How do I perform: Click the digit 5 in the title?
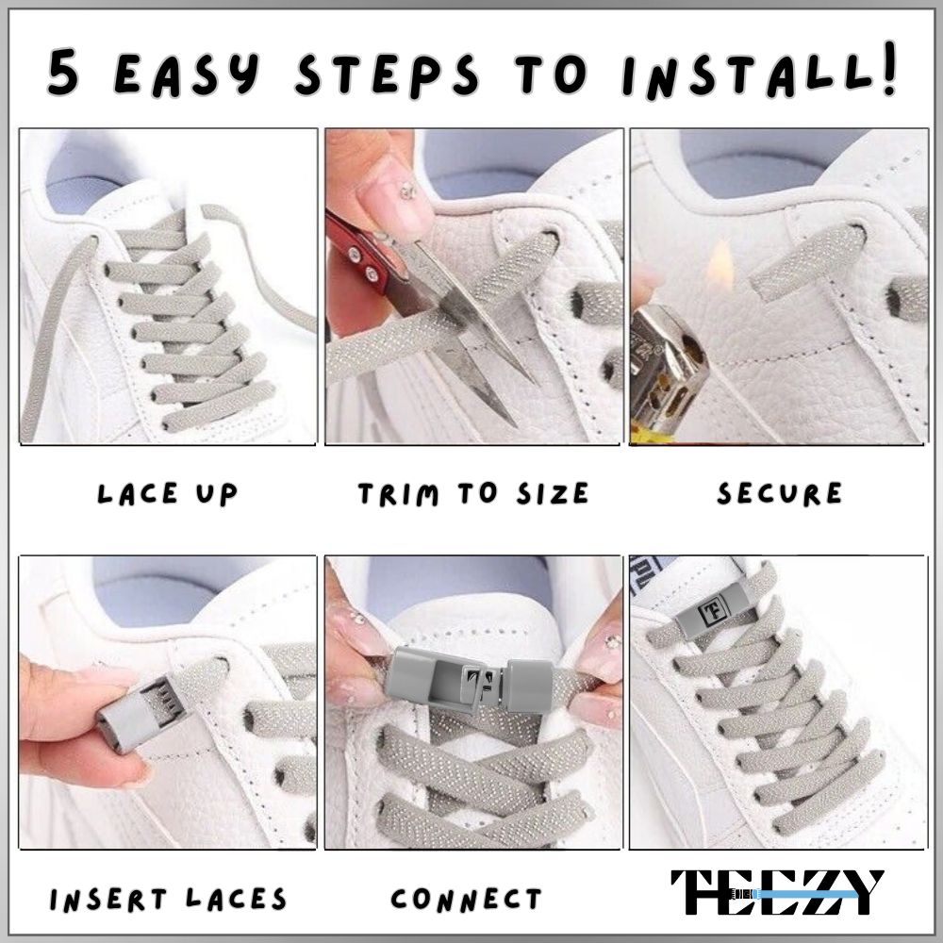pos(63,73)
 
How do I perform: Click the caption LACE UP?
pos(167,494)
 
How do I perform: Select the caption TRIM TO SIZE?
pos(473,494)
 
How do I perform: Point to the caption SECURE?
pos(780,494)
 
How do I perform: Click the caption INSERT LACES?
pos(168,899)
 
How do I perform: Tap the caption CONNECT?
pos(466,899)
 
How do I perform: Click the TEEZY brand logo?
pos(777,892)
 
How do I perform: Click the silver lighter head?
pos(668,367)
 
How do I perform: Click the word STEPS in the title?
pos(388,74)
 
